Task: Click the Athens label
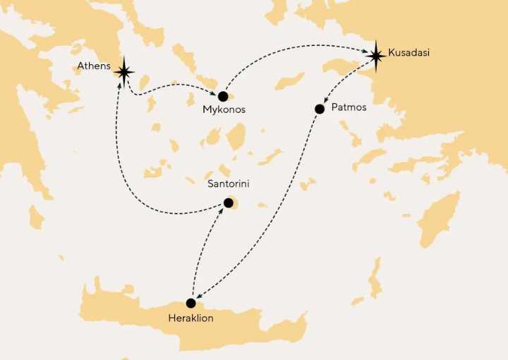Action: point(94,67)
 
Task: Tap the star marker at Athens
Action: point(125,71)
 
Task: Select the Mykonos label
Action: point(223,111)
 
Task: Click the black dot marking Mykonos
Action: point(223,96)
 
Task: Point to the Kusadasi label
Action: point(410,53)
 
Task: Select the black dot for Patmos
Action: point(319,109)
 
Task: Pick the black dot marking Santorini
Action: point(228,203)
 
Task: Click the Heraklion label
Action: point(190,318)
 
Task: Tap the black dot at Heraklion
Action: point(190,304)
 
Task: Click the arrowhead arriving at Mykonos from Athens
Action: point(214,91)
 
